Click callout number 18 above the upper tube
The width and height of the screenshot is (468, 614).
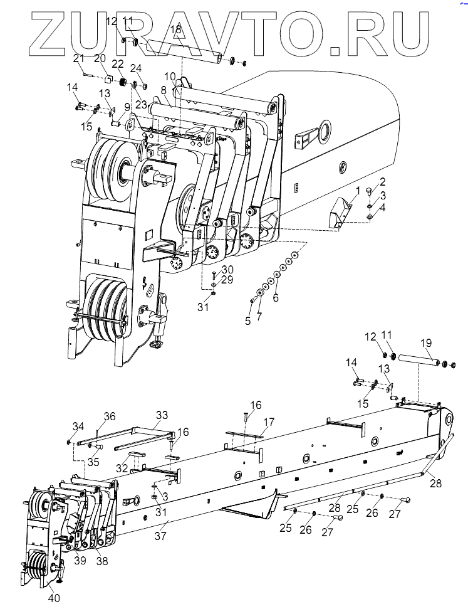tap(176, 29)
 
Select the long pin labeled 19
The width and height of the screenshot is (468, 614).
tap(419, 360)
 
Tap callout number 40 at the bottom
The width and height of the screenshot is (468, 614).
tap(54, 598)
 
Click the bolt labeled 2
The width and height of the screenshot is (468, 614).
tap(370, 193)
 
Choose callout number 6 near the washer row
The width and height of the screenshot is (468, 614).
tap(276, 298)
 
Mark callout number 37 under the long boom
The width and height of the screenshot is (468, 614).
tap(160, 536)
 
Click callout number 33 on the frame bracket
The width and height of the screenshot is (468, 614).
tap(162, 415)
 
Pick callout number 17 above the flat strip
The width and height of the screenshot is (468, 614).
tap(269, 422)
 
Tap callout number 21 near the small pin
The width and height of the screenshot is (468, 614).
tap(79, 59)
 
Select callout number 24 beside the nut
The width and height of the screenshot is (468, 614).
tap(136, 68)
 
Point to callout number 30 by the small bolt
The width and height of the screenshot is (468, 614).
tap(227, 270)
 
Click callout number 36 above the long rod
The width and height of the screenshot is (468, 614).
tap(110, 416)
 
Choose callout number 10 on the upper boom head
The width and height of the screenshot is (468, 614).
tap(170, 76)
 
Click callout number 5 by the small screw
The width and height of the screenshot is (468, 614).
tap(247, 321)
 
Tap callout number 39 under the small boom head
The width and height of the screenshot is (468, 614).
tap(80, 561)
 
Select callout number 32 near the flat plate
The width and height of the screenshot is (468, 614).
tap(122, 468)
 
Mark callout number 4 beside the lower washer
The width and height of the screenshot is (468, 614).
tap(383, 208)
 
